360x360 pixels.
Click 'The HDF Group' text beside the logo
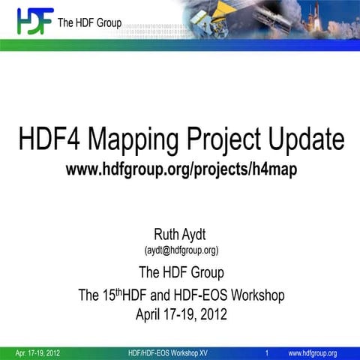pos(89,20)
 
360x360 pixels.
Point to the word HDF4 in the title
pos(55,139)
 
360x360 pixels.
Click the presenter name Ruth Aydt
pos(181,234)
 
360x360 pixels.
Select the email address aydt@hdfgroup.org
pos(181,250)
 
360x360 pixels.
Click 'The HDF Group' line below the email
pos(181,271)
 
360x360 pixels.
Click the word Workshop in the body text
pos(257,295)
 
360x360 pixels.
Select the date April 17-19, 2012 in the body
pos(181,314)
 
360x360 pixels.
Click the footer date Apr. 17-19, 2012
pos(38,352)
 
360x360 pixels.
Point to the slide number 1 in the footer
pos(268,352)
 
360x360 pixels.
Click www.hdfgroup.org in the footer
pos(313,352)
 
